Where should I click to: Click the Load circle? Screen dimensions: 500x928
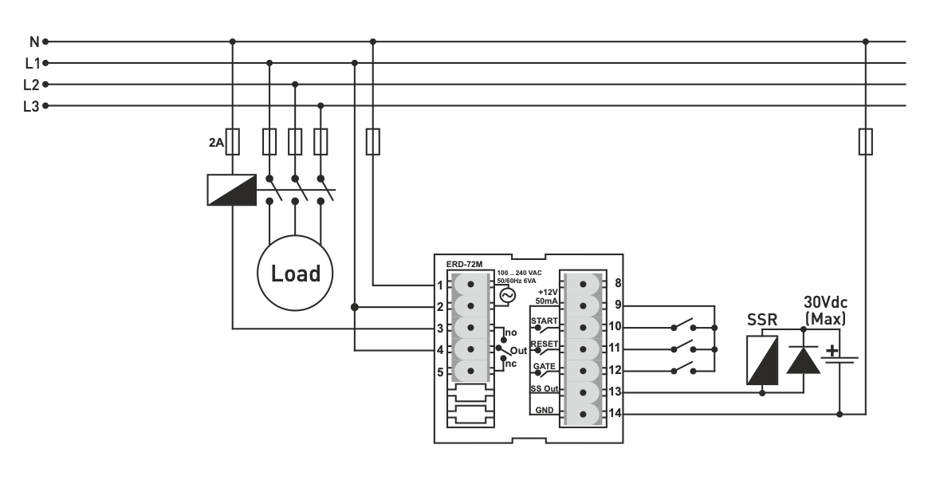[295, 273]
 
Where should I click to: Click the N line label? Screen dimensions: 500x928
[33, 41]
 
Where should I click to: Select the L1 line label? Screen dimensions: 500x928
[32, 63]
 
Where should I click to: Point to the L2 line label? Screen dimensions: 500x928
[32, 85]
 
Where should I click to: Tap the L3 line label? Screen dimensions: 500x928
[32, 106]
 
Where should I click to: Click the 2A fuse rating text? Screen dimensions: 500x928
[216, 144]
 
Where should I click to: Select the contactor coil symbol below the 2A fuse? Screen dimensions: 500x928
[231, 191]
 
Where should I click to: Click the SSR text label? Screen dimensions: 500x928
[762, 320]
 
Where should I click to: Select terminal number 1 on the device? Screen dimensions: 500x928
[440, 285]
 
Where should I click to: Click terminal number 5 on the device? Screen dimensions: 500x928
[440, 371]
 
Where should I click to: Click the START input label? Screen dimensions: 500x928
[544, 321]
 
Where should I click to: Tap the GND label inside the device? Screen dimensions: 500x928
[545, 409]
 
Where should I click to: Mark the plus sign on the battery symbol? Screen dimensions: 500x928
[832, 350]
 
